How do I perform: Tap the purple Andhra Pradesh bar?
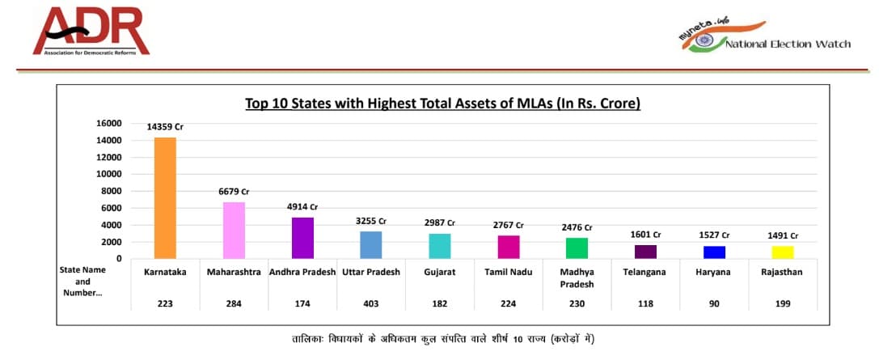pyautogui.click(x=302, y=238)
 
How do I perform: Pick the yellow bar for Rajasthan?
pyautogui.click(x=783, y=252)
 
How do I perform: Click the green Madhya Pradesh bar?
pyautogui.click(x=577, y=248)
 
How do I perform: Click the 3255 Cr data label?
pyautogui.click(x=371, y=221)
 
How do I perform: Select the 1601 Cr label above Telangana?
pyautogui.click(x=646, y=235)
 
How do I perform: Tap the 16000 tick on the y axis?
pyautogui.click(x=108, y=123)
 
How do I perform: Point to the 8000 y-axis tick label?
pyautogui.click(x=110, y=191)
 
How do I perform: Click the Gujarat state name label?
pyautogui.click(x=440, y=272)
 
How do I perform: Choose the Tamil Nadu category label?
pyautogui.click(x=508, y=272)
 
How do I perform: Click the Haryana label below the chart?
pyautogui.click(x=714, y=272)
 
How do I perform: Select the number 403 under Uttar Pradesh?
pyautogui.click(x=371, y=303)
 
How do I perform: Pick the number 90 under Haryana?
pyautogui.click(x=714, y=303)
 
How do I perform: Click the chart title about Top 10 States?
pyautogui.click(x=442, y=104)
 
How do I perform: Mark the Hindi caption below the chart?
pyautogui.click(x=438, y=337)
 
